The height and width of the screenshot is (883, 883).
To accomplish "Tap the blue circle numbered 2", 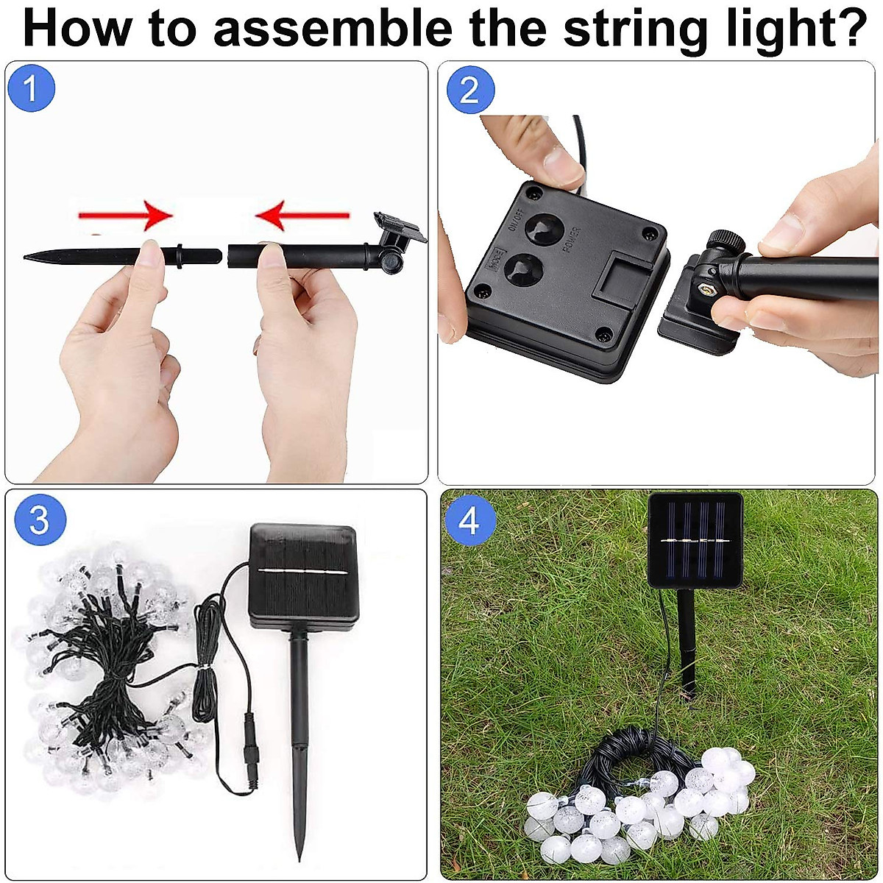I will tap(469, 90).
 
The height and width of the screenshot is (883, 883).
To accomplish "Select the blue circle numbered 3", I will tap(39, 519).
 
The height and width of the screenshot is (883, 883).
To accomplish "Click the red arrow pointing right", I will tap(125, 216).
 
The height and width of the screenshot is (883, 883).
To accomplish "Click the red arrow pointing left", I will tap(302, 216).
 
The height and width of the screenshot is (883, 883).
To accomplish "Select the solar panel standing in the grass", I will tap(695, 539).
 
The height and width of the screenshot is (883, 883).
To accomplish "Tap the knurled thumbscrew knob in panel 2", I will tap(725, 241).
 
